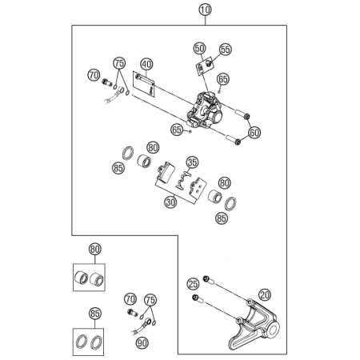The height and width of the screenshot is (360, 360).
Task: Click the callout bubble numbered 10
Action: [205, 10]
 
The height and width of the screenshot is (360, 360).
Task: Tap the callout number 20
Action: [265, 295]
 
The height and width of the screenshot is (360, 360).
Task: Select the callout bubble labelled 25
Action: [193, 284]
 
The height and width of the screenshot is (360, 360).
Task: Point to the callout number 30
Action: [170, 202]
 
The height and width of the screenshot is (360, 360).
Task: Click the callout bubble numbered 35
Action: [192, 162]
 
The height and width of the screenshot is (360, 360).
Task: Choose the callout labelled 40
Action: [146, 64]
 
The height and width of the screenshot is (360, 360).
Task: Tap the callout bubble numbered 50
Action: [200, 49]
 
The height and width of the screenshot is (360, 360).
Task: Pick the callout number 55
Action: [226, 50]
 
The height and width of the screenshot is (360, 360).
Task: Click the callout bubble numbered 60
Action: [254, 132]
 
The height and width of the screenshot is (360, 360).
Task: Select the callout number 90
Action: [142, 342]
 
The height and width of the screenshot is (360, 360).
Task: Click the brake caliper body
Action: [204, 111]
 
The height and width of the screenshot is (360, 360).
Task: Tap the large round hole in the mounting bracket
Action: [273, 330]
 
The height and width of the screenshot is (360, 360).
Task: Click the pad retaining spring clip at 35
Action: [183, 180]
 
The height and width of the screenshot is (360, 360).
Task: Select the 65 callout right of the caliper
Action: [223, 79]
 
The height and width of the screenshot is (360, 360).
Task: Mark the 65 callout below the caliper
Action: [177, 130]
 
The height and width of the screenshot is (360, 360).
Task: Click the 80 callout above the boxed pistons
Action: [95, 250]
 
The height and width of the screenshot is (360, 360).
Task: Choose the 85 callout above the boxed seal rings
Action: [95, 314]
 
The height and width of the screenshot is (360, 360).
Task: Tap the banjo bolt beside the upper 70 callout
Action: [107, 82]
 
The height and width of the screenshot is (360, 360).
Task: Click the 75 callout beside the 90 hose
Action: [150, 300]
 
